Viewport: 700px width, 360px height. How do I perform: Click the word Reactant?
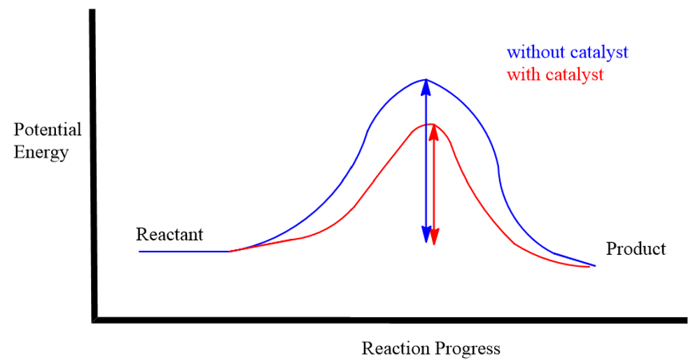pyautogui.click(x=169, y=234)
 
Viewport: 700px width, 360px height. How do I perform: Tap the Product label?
pyautogui.click(x=636, y=249)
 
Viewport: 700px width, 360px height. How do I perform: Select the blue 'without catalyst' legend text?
pyautogui.click(x=568, y=53)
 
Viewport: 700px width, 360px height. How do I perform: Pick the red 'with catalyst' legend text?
pyautogui.click(x=555, y=74)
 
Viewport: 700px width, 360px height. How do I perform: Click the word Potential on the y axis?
pyautogui.click(x=48, y=130)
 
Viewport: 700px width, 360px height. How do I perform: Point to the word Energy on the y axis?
pyautogui.click(x=41, y=152)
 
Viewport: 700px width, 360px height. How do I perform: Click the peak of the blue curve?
pyautogui.click(x=426, y=80)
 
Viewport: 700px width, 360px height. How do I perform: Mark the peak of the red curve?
pyautogui.click(x=430, y=124)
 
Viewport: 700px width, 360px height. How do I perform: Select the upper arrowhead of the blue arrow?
pyautogui.click(x=426, y=88)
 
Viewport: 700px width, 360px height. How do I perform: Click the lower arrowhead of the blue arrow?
pyautogui.click(x=426, y=235)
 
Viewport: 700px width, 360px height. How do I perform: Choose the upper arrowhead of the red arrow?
pyautogui.click(x=433, y=132)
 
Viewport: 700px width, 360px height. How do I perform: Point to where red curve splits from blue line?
pyautogui.click(x=230, y=251)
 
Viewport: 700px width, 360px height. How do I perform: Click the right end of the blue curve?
pyautogui.click(x=594, y=265)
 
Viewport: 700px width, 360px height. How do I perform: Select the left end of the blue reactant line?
pyautogui.click(x=140, y=251)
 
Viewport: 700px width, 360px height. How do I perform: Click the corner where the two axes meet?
pyautogui.click(x=94, y=320)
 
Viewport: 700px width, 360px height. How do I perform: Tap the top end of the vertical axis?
pyautogui.click(x=92, y=11)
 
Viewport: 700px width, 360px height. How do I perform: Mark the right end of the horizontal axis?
pyautogui.click(x=686, y=320)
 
